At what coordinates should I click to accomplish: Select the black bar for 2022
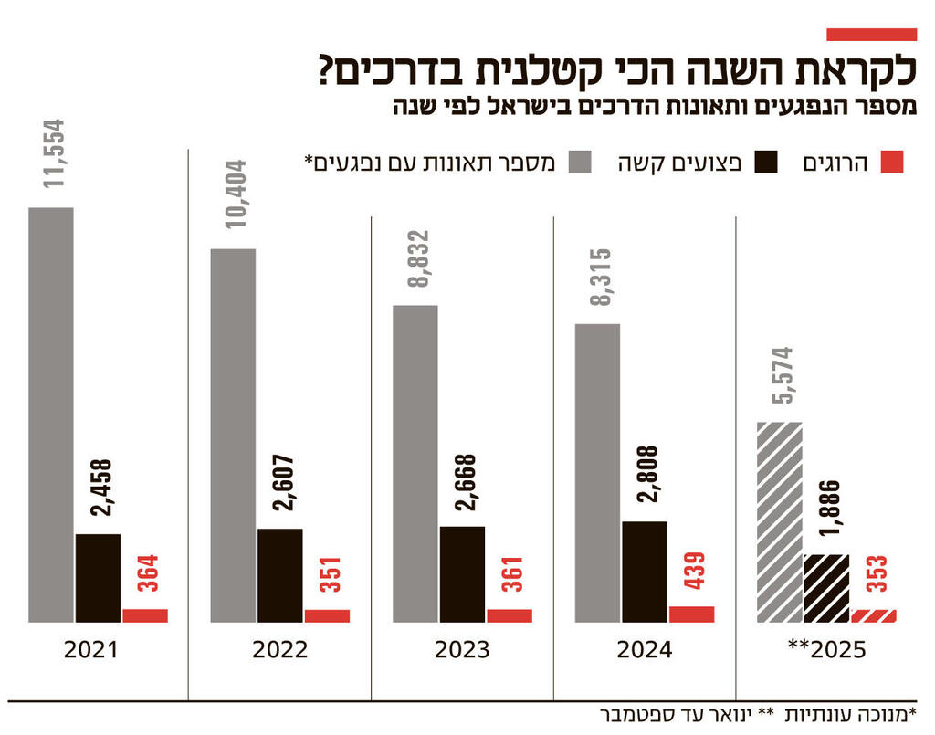pos(279,575)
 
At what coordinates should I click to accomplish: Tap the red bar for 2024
pos(691,614)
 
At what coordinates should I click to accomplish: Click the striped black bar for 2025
pos(826,588)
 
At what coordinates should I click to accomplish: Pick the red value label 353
pos(875,573)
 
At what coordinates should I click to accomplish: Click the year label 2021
pos(92,651)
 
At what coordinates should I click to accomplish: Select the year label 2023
pos(461,651)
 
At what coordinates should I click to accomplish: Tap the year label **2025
pos(826,651)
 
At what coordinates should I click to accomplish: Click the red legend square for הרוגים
pos(891,163)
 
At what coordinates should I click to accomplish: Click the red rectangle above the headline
pos(870,35)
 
